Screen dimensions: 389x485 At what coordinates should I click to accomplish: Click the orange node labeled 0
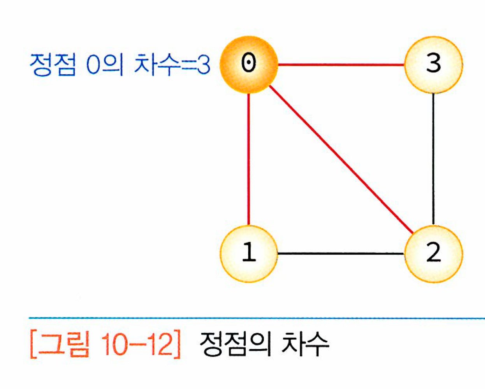click(x=249, y=64)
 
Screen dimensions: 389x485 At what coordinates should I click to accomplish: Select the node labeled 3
click(x=433, y=64)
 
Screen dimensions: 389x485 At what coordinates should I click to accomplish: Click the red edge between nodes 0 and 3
click(x=341, y=64)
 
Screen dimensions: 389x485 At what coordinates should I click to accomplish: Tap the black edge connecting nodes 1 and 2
click(x=341, y=254)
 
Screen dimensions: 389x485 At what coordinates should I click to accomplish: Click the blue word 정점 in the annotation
click(x=53, y=64)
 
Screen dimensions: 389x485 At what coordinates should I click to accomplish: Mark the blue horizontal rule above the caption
click(x=257, y=318)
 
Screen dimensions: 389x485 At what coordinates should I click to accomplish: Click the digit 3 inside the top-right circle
click(x=433, y=63)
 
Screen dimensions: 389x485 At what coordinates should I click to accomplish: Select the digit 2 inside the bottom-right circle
click(x=433, y=253)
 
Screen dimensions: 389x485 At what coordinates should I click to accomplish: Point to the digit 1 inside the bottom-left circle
click(x=249, y=253)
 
